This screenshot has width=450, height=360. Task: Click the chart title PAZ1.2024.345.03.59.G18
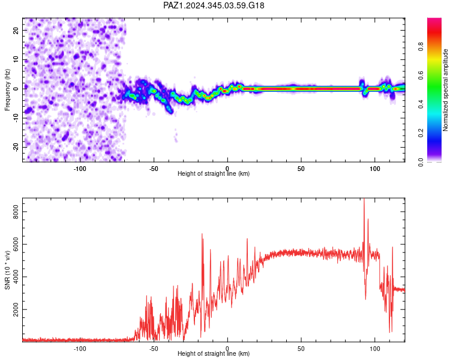(214, 5)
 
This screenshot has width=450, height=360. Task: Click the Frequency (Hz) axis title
(7, 90)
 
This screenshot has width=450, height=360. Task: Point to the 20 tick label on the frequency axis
(16, 30)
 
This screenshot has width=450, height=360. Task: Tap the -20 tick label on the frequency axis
(16, 148)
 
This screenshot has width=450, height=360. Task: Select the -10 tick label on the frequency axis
(16, 118)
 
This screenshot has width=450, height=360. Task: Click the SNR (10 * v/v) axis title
(7, 270)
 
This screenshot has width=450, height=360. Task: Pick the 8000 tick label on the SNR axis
(16, 212)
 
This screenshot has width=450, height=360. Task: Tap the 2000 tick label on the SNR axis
(16, 310)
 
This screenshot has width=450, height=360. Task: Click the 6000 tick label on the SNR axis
(16, 244)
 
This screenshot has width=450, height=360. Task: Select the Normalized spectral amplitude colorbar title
(445, 90)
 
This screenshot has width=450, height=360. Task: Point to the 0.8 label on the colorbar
(421, 46)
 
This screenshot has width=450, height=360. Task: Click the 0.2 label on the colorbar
(421, 133)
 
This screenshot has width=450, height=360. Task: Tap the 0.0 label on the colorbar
(421, 162)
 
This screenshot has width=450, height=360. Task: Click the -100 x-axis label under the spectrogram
(80, 169)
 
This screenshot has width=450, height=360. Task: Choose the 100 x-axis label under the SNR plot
(375, 349)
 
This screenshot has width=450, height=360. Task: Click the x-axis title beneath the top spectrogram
(214, 173)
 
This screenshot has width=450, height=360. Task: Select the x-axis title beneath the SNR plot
(214, 353)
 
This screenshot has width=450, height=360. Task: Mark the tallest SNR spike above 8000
(364, 199)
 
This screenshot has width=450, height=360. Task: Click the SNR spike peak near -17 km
(202, 234)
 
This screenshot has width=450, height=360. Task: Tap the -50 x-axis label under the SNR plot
(154, 349)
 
